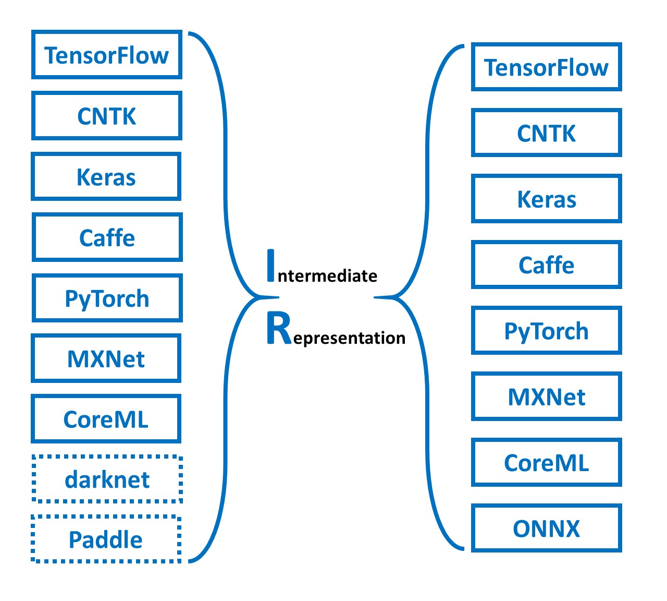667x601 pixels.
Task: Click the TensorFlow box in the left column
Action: coord(107,55)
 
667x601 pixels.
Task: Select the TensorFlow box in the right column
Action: coord(546,67)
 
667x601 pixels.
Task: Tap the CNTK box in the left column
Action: coord(107,116)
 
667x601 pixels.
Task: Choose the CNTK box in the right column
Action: coord(546,133)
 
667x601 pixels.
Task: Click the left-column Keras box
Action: coord(106,177)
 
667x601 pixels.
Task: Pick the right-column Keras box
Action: coord(546,199)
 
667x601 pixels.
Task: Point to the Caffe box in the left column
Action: coord(107,237)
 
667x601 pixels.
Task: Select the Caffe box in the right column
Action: coord(546,265)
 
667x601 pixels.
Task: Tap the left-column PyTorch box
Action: coord(107,298)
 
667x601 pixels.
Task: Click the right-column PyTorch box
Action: coord(546,331)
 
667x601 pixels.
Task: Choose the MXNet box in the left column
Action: coord(106,359)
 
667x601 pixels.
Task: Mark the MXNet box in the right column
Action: coord(546,396)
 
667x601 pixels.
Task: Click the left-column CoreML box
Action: coord(106,419)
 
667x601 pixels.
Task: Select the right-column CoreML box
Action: coord(546,462)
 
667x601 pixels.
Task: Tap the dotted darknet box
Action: coord(107,479)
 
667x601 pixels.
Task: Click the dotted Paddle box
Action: coord(106,539)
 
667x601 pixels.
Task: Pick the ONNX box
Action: coord(546,528)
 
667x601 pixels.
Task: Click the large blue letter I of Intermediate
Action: coord(270,266)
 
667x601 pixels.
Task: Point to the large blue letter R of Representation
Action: coord(278,328)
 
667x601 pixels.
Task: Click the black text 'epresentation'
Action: coord(349,338)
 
